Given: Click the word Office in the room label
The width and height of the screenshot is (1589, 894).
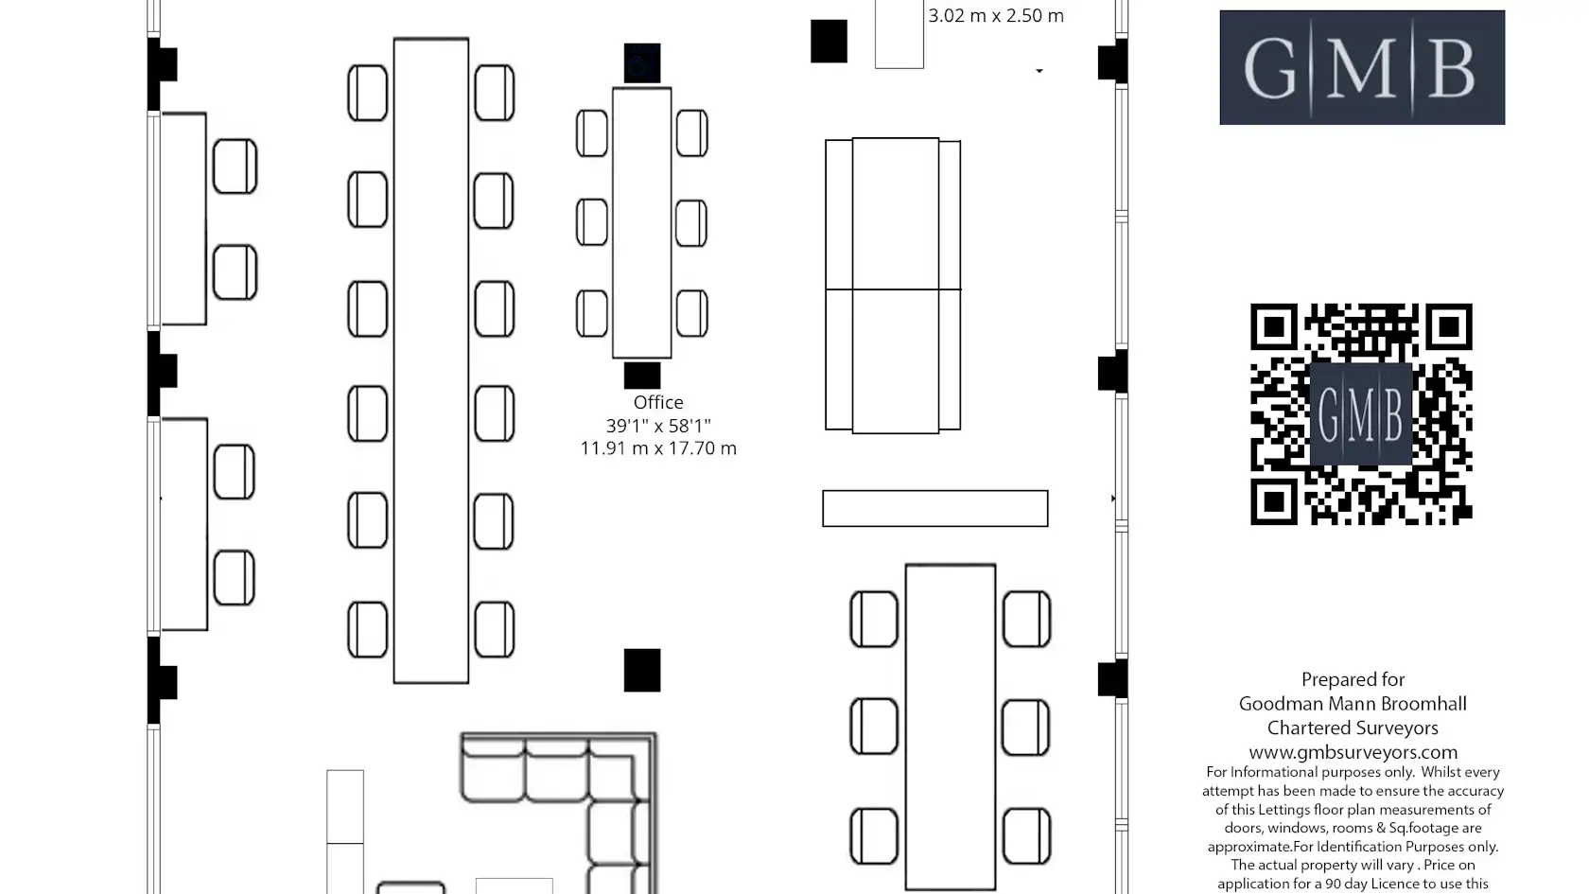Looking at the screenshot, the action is pyautogui.click(x=658, y=402).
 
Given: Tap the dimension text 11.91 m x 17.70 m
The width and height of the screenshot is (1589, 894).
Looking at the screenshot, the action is pyautogui.click(x=658, y=448).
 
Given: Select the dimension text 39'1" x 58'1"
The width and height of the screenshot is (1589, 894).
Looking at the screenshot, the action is pyautogui.click(x=658, y=426).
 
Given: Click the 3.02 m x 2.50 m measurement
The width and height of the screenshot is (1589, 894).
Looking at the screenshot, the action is pyautogui.click(x=996, y=15).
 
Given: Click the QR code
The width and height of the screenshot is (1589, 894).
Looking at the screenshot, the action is pyautogui.click(x=1361, y=414).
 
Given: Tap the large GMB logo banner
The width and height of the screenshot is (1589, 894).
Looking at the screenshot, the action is pyautogui.click(x=1362, y=67).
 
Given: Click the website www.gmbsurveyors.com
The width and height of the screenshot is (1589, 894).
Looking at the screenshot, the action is pyautogui.click(x=1353, y=752).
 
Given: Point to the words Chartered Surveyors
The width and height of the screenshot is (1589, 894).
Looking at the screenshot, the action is pyautogui.click(x=1353, y=728).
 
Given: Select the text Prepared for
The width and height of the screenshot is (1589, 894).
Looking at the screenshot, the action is pyautogui.click(x=1353, y=679).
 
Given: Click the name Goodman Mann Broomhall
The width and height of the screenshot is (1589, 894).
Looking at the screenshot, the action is pyautogui.click(x=1353, y=704).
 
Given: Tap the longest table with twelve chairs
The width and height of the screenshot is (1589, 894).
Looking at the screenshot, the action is pyautogui.click(x=431, y=360).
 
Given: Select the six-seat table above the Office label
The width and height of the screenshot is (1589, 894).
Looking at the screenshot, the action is pyautogui.click(x=642, y=223).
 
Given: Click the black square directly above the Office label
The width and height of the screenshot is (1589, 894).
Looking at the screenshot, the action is pyautogui.click(x=642, y=376).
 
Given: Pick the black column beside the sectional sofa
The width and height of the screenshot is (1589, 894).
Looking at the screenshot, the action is pyautogui.click(x=642, y=670).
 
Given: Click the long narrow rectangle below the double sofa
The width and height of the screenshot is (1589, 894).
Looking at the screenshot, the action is pyautogui.click(x=934, y=508).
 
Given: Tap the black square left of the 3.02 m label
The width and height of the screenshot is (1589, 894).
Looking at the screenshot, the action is pyautogui.click(x=829, y=42).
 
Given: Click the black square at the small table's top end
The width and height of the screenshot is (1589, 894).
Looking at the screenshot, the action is pyautogui.click(x=642, y=63).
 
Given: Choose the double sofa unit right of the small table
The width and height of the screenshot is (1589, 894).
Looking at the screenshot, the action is pyautogui.click(x=893, y=286).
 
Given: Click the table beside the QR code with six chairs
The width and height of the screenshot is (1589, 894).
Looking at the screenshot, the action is pyautogui.click(x=951, y=727).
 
